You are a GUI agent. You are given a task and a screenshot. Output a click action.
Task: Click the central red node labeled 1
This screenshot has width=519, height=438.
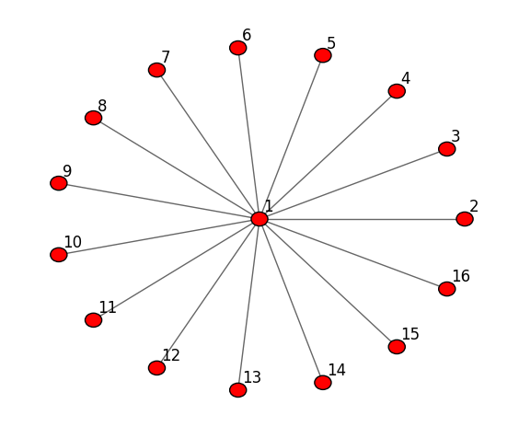[259, 219]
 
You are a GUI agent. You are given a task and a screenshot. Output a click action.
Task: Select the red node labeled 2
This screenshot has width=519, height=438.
[465, 219]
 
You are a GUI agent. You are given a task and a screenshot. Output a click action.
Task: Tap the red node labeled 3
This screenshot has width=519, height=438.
[447, 149]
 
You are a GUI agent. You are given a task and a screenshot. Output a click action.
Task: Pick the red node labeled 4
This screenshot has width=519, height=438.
[397, 91]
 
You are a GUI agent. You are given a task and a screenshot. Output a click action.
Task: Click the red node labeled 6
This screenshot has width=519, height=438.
[238, 48]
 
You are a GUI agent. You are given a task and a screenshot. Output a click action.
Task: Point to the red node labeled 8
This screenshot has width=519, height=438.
[93, 118]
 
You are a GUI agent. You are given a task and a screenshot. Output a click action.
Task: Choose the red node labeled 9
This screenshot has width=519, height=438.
[59, 183]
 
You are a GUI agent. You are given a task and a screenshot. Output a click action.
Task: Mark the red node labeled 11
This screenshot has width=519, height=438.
[93, 320]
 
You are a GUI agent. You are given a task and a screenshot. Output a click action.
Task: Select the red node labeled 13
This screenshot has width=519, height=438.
[238, 390]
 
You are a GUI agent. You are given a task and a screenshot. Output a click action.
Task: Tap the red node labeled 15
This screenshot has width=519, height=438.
[397, 347]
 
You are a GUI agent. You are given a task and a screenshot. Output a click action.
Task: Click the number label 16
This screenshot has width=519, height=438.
[461, 276]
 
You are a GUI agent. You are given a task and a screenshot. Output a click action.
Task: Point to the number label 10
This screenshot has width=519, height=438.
[73, 242]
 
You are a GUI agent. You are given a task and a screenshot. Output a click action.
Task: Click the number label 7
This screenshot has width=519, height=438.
[166, 57]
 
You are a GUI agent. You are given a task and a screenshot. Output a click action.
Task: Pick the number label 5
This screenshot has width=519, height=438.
[331, 43]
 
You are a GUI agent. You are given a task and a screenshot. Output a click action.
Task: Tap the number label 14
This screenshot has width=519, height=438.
[337, 370]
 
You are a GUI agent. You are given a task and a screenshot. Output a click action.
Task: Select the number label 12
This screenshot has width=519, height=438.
[171, 355]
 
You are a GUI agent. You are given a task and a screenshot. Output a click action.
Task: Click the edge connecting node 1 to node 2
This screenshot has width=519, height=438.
[362, 219]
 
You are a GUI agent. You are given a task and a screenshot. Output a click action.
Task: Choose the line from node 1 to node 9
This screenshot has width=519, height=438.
[159, 201]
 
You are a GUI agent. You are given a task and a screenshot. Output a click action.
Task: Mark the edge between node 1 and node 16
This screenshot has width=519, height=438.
[352, 254]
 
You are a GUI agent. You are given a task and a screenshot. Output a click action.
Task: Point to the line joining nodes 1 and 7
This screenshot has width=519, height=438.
[208, 144]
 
